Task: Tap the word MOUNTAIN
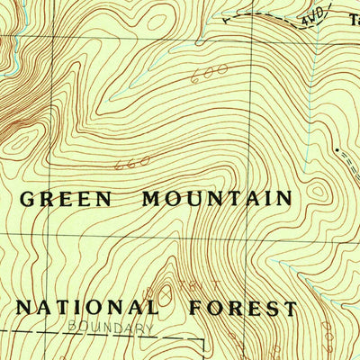coord(217,198)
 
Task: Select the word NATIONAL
coord(87,308)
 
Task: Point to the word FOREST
coord(243,309)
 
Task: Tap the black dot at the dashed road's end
coord(337,149)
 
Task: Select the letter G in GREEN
coord(26,199)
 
